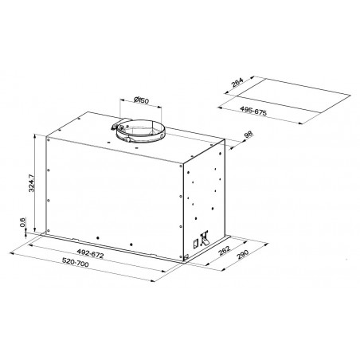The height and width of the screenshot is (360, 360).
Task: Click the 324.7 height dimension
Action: [x=31, y=184]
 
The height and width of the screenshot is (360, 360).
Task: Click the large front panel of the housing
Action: [x=112, y=195]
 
